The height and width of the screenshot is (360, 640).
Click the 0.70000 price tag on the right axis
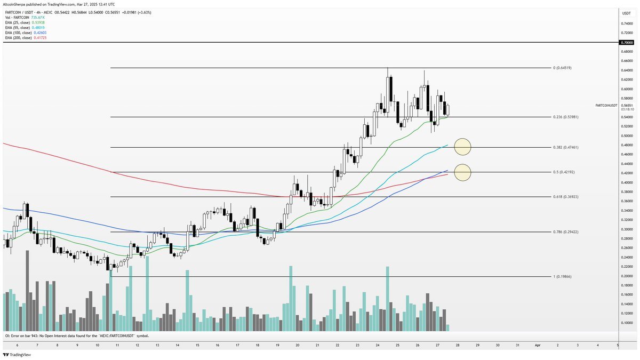tap(626, 42)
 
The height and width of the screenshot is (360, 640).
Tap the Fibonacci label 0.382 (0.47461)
tap(566, 147)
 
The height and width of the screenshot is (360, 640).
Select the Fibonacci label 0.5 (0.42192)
tap(565, 172)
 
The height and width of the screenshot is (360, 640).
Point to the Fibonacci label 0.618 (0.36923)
tap(566, 197)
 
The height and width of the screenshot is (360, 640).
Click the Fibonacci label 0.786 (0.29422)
tap(566, 232)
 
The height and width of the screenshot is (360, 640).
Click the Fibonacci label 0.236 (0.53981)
tap(566, 117)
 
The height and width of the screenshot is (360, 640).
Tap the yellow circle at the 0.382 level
tap(462, 147)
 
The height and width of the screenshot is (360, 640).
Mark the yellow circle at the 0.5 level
tap(462, 172)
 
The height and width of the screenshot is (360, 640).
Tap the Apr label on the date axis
tap(538, 345)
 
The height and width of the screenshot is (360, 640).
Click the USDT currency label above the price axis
tap(626, 13)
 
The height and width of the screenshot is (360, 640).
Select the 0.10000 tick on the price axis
tap(626, 323)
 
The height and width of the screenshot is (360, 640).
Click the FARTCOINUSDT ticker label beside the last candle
tap(606, 106)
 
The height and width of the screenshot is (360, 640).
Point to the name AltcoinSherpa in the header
tap(17, 4)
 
